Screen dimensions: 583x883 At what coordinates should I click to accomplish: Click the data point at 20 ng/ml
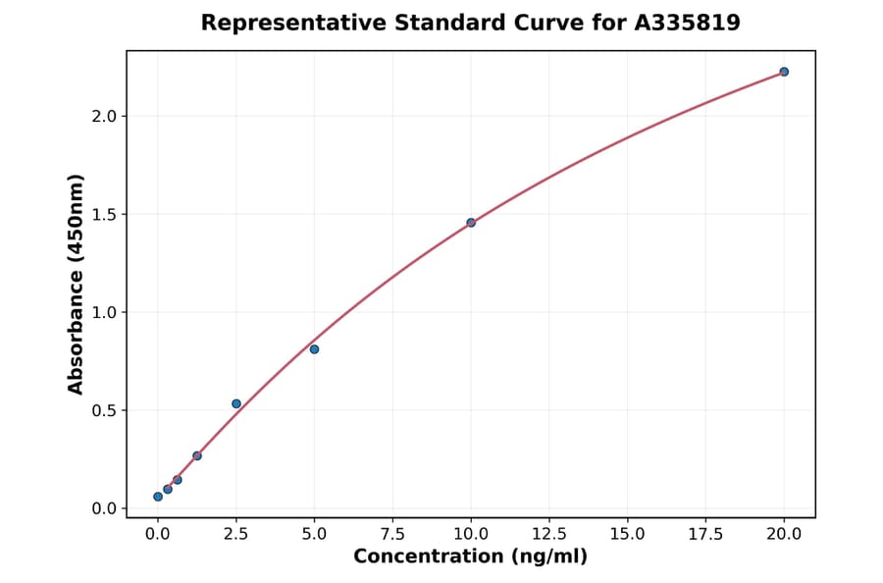[784, 72]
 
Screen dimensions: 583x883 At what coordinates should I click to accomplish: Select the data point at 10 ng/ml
[471, 223]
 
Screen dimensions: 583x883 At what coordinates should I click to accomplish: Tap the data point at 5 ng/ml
[314, 349]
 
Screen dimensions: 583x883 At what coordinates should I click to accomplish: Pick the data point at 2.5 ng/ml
[236, 403]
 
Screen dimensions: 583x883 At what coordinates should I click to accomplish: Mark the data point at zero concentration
[158, 497]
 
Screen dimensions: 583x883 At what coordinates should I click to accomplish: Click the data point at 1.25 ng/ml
[197, 455]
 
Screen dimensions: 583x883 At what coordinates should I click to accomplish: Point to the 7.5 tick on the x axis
[392, 534]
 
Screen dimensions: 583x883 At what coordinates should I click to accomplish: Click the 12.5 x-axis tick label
[548, 534]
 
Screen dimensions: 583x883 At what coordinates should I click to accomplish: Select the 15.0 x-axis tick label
[627, 534]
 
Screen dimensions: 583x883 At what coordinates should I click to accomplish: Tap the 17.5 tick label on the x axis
[705, 534]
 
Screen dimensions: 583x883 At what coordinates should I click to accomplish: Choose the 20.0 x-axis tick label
[784, 534]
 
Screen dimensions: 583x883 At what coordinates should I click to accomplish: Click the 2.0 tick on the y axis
[104, 116]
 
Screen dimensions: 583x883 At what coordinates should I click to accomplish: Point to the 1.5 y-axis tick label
[104, 214]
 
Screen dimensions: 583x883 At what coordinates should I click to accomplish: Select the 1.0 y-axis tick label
[104, 312]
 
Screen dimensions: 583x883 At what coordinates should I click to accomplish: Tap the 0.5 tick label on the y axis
[104, 410]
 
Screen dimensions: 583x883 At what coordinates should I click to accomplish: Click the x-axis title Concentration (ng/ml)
[470, 557]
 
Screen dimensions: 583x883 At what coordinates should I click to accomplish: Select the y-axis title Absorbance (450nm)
[76, 284]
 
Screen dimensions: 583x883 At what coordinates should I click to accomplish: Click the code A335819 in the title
[687, 23]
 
